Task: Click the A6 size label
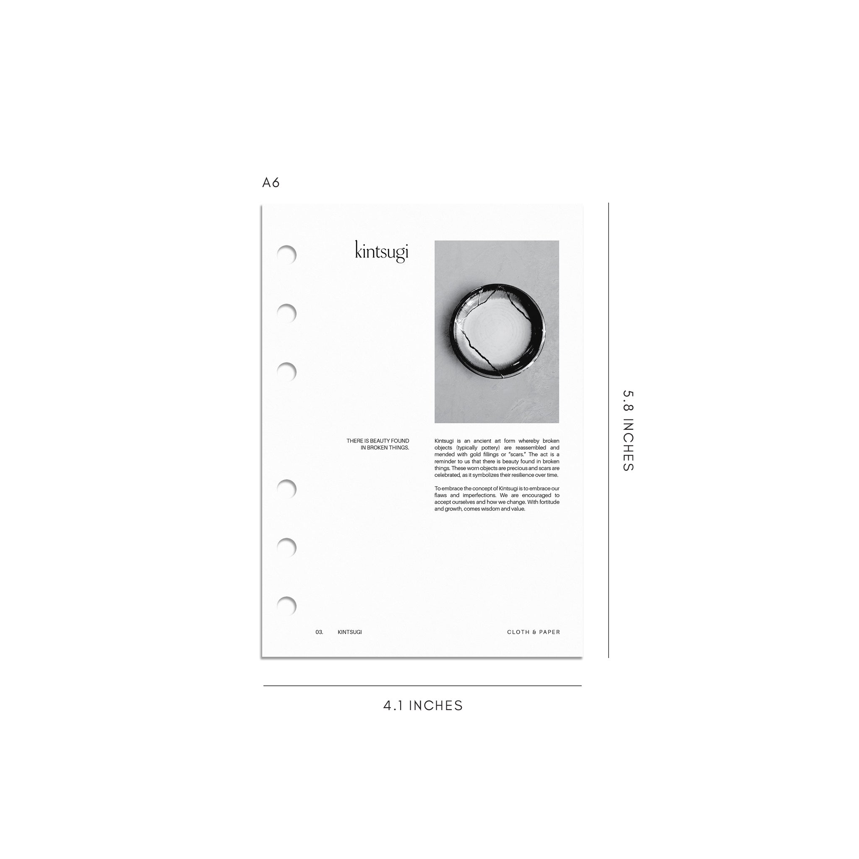271,182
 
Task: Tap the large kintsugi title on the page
382,252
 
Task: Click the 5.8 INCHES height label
628,430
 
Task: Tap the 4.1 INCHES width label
423,705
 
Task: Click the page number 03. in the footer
319,632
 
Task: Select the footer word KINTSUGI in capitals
349,632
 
